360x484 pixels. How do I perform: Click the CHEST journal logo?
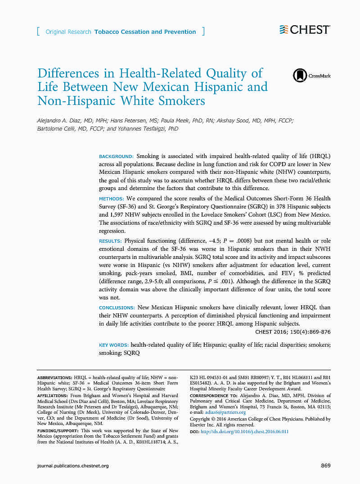pyautogui.click(x=304, y=30)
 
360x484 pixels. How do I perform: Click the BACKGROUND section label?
pyautogui.click(x=116, y=156)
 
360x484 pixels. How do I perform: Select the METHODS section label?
pyautogui.click(x=111, y=199)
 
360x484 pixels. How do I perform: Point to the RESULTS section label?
pyautogui.click(x=110, y=241)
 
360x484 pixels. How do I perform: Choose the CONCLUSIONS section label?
pyautogui.click(x=117, y=308)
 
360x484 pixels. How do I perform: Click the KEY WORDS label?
pyautogui.click(x=113, y=345)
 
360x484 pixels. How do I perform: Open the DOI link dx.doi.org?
pyautogui.click(x=244, y=431)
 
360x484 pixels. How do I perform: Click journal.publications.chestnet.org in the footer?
pyautogui.click(x=73, y=466)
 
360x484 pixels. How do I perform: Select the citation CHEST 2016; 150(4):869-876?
pyautogui.click(x=292, y=332)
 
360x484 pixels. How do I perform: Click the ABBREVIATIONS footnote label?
pyautogui.click(x=54, y=377)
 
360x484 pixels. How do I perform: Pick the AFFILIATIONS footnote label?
pyautogui.click(x=53, y=396)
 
